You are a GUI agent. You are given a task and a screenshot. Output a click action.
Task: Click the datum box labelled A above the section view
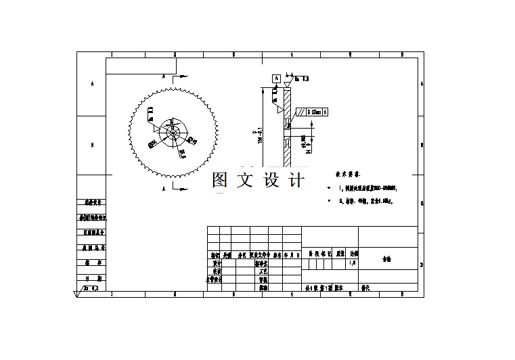point(276,79)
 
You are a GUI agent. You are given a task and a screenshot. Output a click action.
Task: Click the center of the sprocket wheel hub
point(172,131)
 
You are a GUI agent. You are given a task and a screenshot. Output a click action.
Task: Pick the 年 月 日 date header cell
point(292,255)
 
